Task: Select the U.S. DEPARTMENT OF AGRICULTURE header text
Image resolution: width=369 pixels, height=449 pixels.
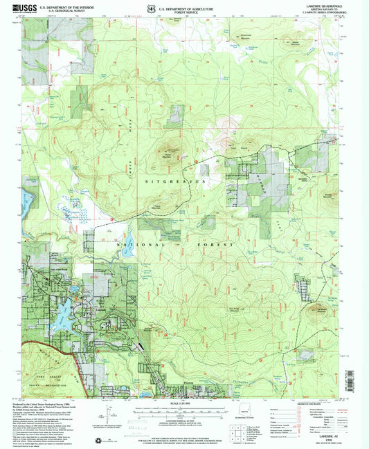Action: (x=184, y=6)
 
